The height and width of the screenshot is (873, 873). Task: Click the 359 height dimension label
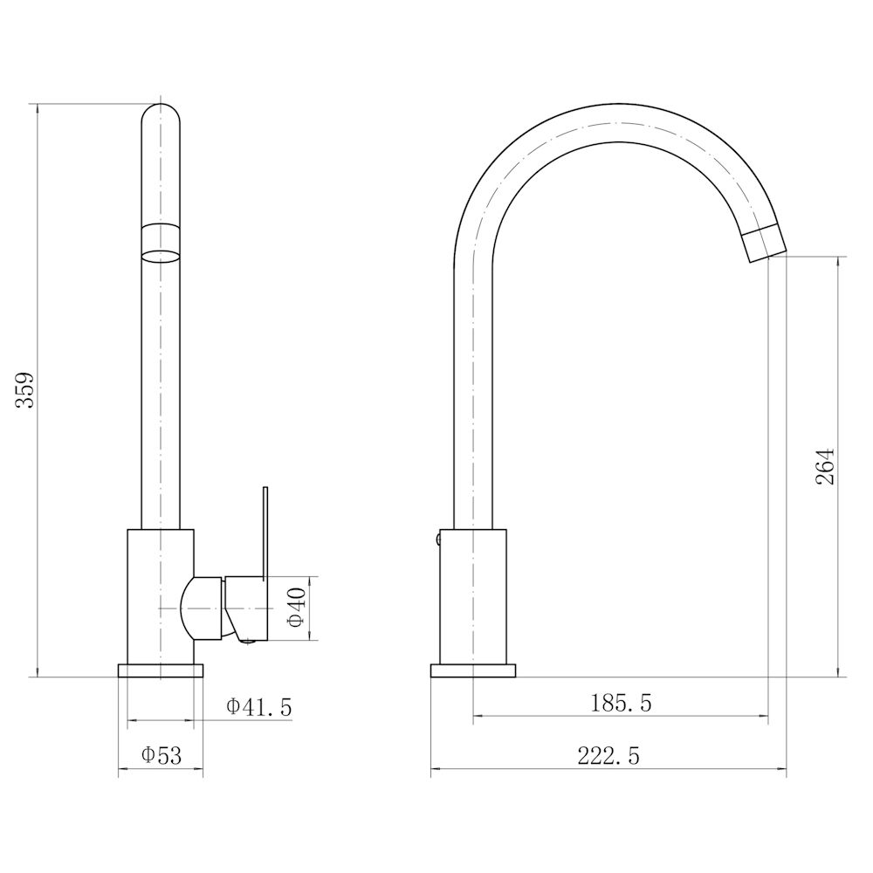click(25, 389)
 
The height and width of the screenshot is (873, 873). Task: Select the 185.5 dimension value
click(621, 703)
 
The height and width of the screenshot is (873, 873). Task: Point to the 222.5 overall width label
click(608, 756)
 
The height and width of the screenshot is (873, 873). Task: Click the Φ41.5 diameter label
click(259, 707)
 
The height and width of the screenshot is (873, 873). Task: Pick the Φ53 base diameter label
click(162, 755)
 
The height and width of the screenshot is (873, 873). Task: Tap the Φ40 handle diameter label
click(298, 607)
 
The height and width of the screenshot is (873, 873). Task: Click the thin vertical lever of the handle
click(265, 533)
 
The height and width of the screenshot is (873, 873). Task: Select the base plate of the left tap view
click(161, 670)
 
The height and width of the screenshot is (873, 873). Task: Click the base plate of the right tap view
click(473, 670)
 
